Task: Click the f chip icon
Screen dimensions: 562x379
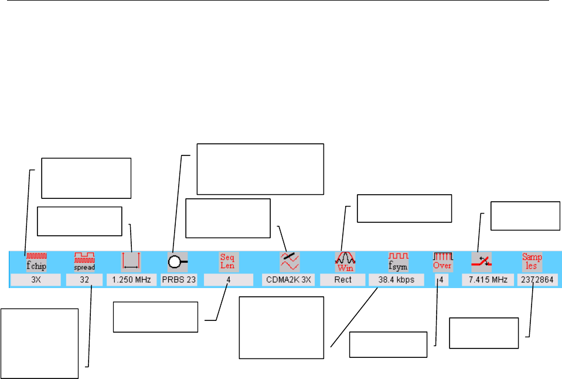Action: (x=36, y=260)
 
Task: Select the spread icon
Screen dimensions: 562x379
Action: (x=84, y=260)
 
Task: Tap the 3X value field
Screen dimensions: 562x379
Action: (x=36, y=280)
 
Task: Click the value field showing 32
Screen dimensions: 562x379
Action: (x=84, y=280)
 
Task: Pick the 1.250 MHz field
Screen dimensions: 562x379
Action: (x=131, y=280)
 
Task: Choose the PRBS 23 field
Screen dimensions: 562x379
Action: (x=179, y=280)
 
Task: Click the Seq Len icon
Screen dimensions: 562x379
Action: (x=227, y=260)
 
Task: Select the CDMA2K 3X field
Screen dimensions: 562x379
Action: (x=289, y=280)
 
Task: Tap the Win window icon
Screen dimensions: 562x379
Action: (x=343, y=260)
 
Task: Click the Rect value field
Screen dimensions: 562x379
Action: (x=343, y=280)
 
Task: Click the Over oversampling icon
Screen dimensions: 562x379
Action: (x=442, y=260)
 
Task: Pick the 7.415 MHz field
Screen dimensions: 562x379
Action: (x=488, y=280)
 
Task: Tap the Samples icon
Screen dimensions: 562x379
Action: (x=532, y=260)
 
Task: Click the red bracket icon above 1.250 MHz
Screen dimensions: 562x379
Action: (x=131, y=260)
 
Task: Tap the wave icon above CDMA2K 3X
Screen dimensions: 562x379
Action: (x=289, y=260)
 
